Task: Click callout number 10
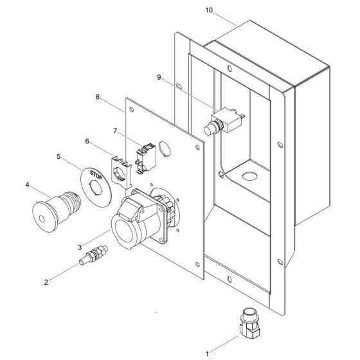(209, 10)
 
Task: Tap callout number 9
(159, 77)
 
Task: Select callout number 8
(98, 97)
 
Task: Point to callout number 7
(115, 131)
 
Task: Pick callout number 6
(87, 141)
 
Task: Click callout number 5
(59, 157)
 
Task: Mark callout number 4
(27, 184)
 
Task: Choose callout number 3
(80, 248)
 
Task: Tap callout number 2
(46, 282)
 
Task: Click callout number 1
(207, 354)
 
